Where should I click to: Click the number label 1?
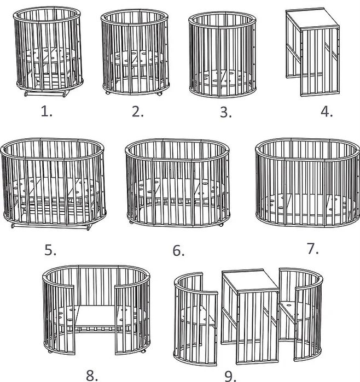click(x=47, y=112)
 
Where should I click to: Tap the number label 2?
click(x=137, y=112)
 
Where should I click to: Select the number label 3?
click(x=226, y=113)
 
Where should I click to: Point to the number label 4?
click(x=327, y=112)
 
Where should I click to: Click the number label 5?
click(x=50, y=250)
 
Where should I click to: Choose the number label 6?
click(x=178, y=250)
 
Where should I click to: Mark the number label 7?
click(x=313, y=249)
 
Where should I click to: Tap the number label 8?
click(x=92, y=375)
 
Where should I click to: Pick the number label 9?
click(x=230, y=376)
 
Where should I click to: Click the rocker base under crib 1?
click(x=47, y=93)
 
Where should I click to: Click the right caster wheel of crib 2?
click(x=160, y=94)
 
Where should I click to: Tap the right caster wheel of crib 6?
click(x=221, y=225)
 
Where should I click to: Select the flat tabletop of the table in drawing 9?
click(x=250, y=281)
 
